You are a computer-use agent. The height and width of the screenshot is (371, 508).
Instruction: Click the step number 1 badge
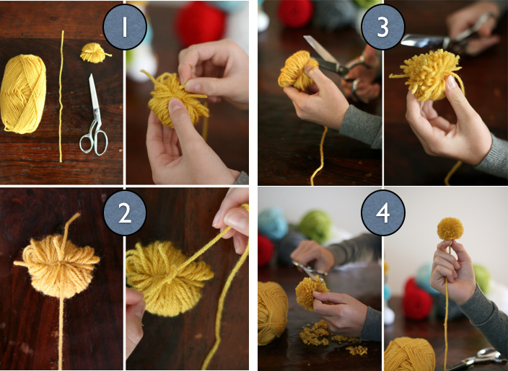coord(125,27)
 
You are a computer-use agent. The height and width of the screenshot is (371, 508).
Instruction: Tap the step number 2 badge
coord(125,213)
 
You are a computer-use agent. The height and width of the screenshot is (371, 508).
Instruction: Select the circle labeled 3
coord(382,27)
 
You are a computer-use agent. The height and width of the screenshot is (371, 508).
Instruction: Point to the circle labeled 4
coord(383,213)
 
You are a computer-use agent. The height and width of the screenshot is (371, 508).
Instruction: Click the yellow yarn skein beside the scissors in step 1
coord(22,94)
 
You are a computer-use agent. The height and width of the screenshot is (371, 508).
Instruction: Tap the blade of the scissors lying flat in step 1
coord(95,94)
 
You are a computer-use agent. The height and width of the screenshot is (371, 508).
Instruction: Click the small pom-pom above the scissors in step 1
coord(95,53)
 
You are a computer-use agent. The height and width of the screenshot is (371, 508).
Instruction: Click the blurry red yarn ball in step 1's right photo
coord(200,24)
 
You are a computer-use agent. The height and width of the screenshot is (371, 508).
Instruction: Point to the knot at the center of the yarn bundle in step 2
coord(172,271)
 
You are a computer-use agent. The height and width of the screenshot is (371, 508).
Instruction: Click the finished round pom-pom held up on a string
coord(450,229)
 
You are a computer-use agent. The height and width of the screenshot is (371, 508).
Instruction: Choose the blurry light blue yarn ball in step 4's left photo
coord(273,223)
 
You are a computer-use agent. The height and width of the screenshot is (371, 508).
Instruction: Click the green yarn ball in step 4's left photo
coord(315,225)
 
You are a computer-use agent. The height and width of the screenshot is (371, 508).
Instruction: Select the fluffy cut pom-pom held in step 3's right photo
coord(427,75)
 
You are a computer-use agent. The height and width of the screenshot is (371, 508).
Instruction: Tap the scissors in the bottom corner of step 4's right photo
coord(479,359)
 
